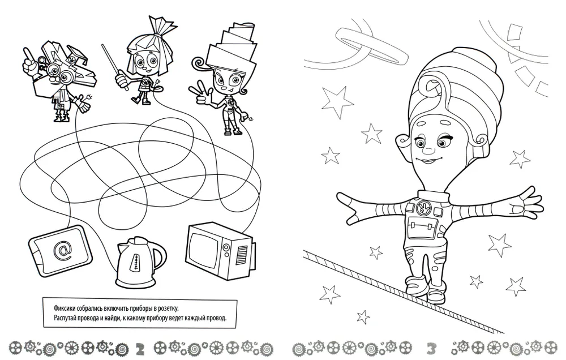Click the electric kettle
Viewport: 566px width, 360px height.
click(139, 261)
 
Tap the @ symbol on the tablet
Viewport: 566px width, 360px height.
click(62, 250)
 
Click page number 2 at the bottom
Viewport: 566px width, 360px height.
click(140, 349)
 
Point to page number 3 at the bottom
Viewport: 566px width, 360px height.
click(431, 349)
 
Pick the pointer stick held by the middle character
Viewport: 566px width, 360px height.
click(114, 67)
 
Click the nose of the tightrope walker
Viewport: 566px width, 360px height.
click(428, 148)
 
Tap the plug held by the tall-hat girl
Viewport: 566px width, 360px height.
click(248, 118)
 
